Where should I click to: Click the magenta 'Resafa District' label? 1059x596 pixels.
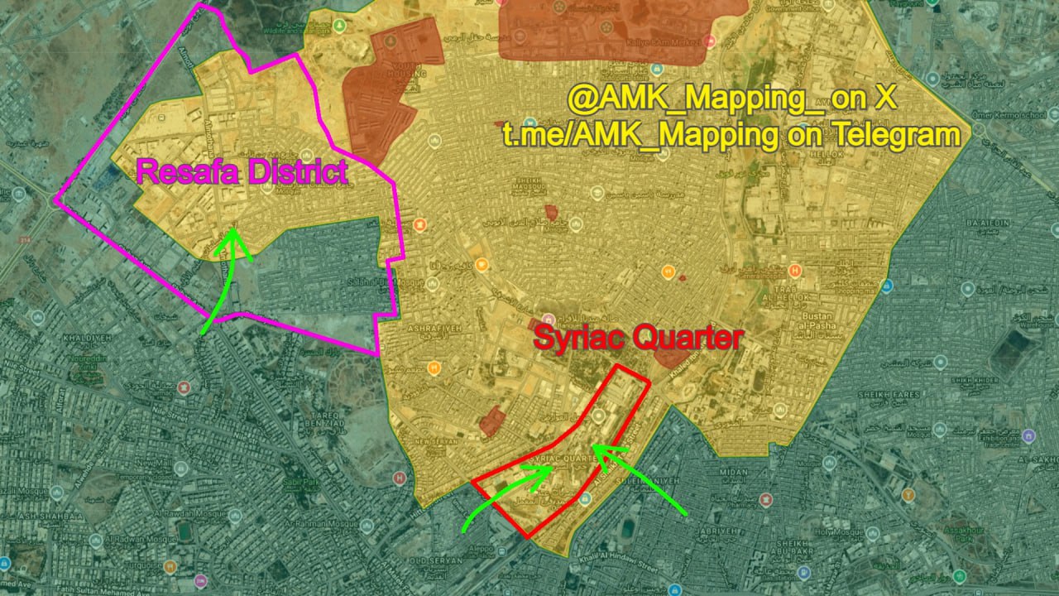pyautogui.click(x=241, y=173)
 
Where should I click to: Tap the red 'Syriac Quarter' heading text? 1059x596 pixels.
pyautogui.click(x=638, y=338)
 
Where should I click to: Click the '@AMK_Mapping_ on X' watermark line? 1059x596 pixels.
pyautogui.click(x=731, y=99)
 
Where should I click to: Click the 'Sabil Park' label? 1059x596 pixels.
pyautogui.click(x=304, y=479)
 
